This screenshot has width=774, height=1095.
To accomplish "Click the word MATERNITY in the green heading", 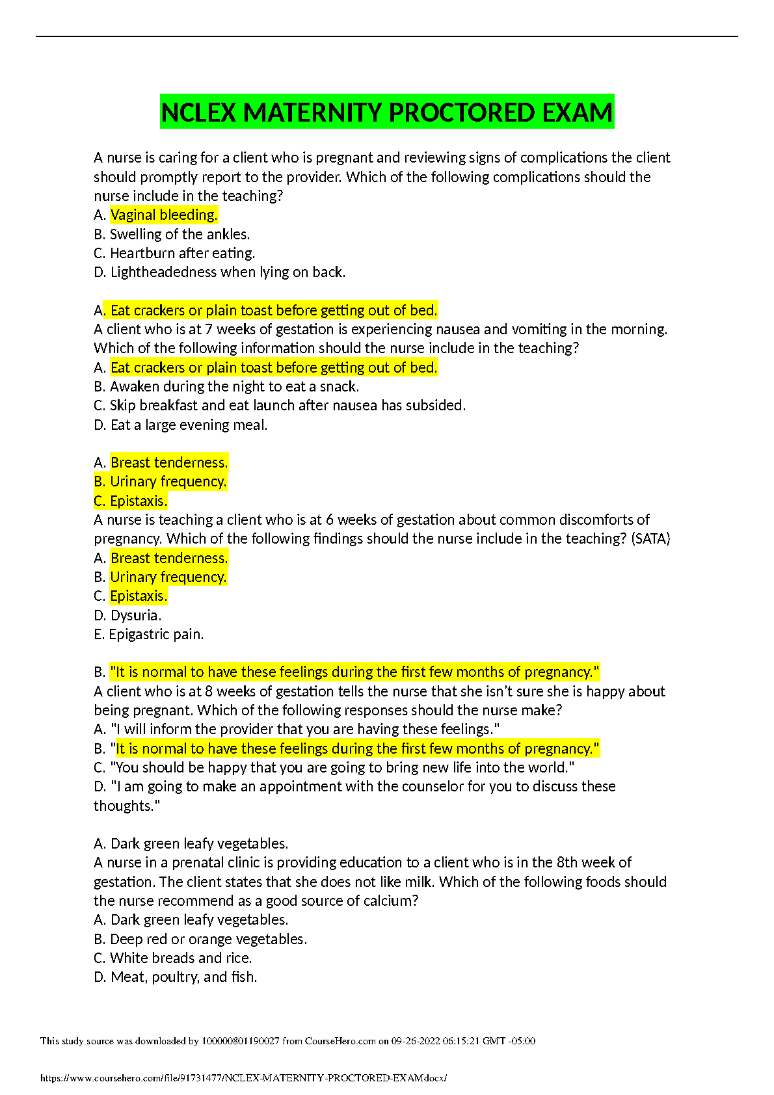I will (x=312, y=113).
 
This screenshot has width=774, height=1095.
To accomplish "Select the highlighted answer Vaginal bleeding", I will (x=164, y=215).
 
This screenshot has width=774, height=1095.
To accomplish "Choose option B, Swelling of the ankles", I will (x=180, y=234).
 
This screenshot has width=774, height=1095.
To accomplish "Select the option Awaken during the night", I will (x=234, y=386).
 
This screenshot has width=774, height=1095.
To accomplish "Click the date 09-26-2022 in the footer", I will (x=415, y=1041).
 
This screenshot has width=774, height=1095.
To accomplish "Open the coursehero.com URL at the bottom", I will (x=243, y=1078).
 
